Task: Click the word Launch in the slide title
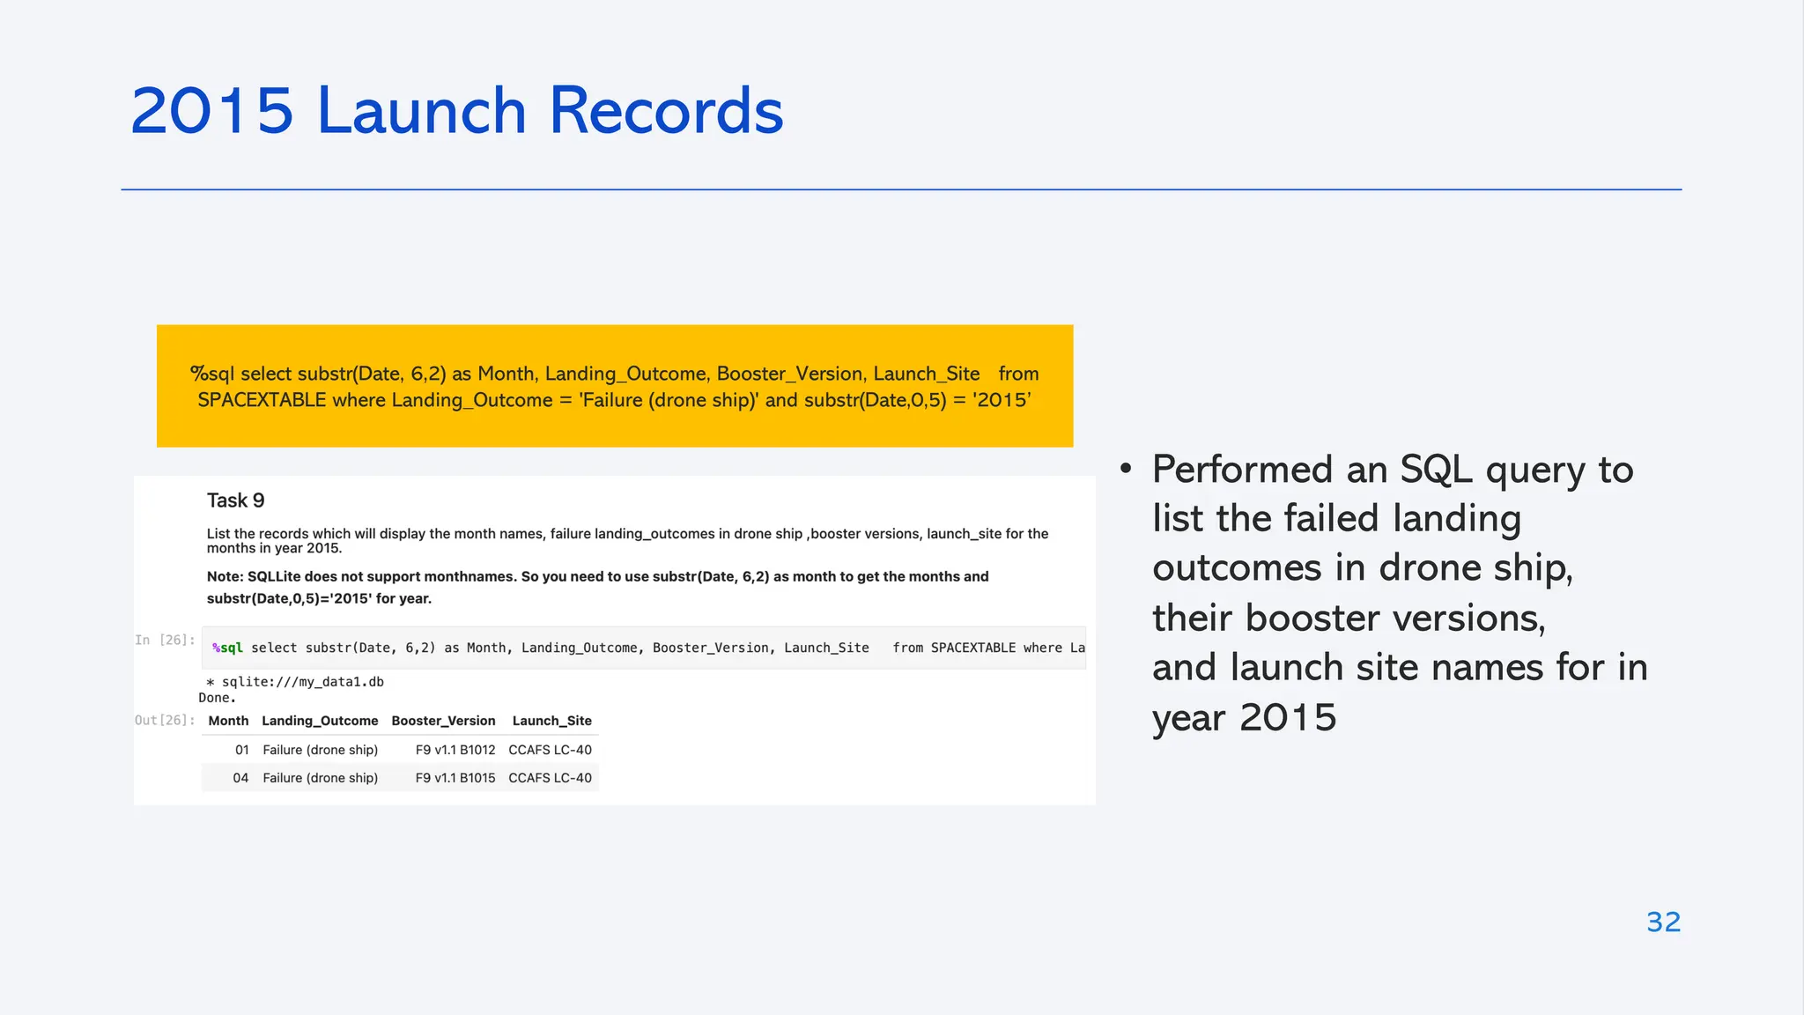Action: tap(421, 112)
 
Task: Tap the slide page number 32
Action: tap(1663, 922)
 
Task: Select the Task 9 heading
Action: tap(235, 500)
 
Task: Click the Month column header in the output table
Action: tap(228, 721)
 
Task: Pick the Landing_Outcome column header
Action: tap(320, 721)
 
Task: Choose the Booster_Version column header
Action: tap(443, 721)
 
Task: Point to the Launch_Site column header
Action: tap(551, 721)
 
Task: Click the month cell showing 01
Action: tap(241, 750)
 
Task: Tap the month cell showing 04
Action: tap(240, 778)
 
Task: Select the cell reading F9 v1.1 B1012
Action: tap(455, 750)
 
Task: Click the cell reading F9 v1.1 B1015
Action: tap(455, 778)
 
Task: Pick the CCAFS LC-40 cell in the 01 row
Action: tap(550, 750)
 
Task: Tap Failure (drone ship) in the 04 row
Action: tap(320, 778)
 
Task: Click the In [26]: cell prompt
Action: tap(165, 641)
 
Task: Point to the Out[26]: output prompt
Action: tap(165, 721)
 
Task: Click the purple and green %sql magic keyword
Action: tap(227, 648)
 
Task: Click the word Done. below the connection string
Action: tap(217, 698)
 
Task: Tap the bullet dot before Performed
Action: tap(1126, 469)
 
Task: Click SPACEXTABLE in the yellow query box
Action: tap(262, 400)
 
